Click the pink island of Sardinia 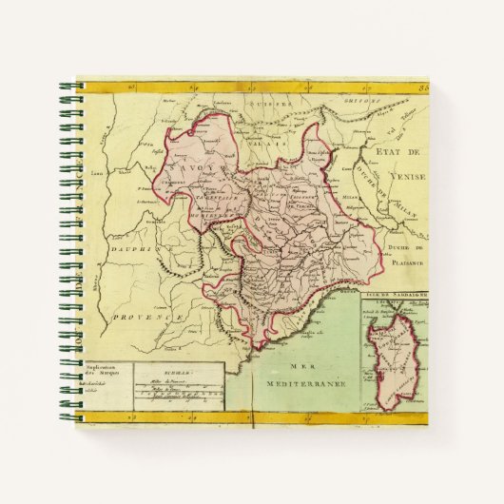[391, 358]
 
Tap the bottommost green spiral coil [68, 416]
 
